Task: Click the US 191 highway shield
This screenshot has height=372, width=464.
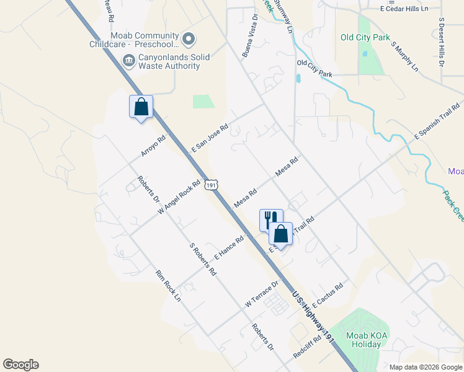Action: tap(212, 185)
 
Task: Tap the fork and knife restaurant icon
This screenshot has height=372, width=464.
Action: tap(269, 219)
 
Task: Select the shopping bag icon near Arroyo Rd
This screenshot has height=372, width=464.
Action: tap(141, 107)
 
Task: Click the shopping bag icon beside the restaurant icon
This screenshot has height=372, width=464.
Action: tap(280, 234)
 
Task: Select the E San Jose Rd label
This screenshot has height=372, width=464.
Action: tap(210, 138)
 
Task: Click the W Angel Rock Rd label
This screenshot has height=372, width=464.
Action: tap(179, 197)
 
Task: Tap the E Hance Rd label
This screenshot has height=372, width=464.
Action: tap(229, 247)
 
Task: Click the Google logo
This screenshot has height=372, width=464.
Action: tap(20, 365)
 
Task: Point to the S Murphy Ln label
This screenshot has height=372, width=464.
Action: tap(404, 56)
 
